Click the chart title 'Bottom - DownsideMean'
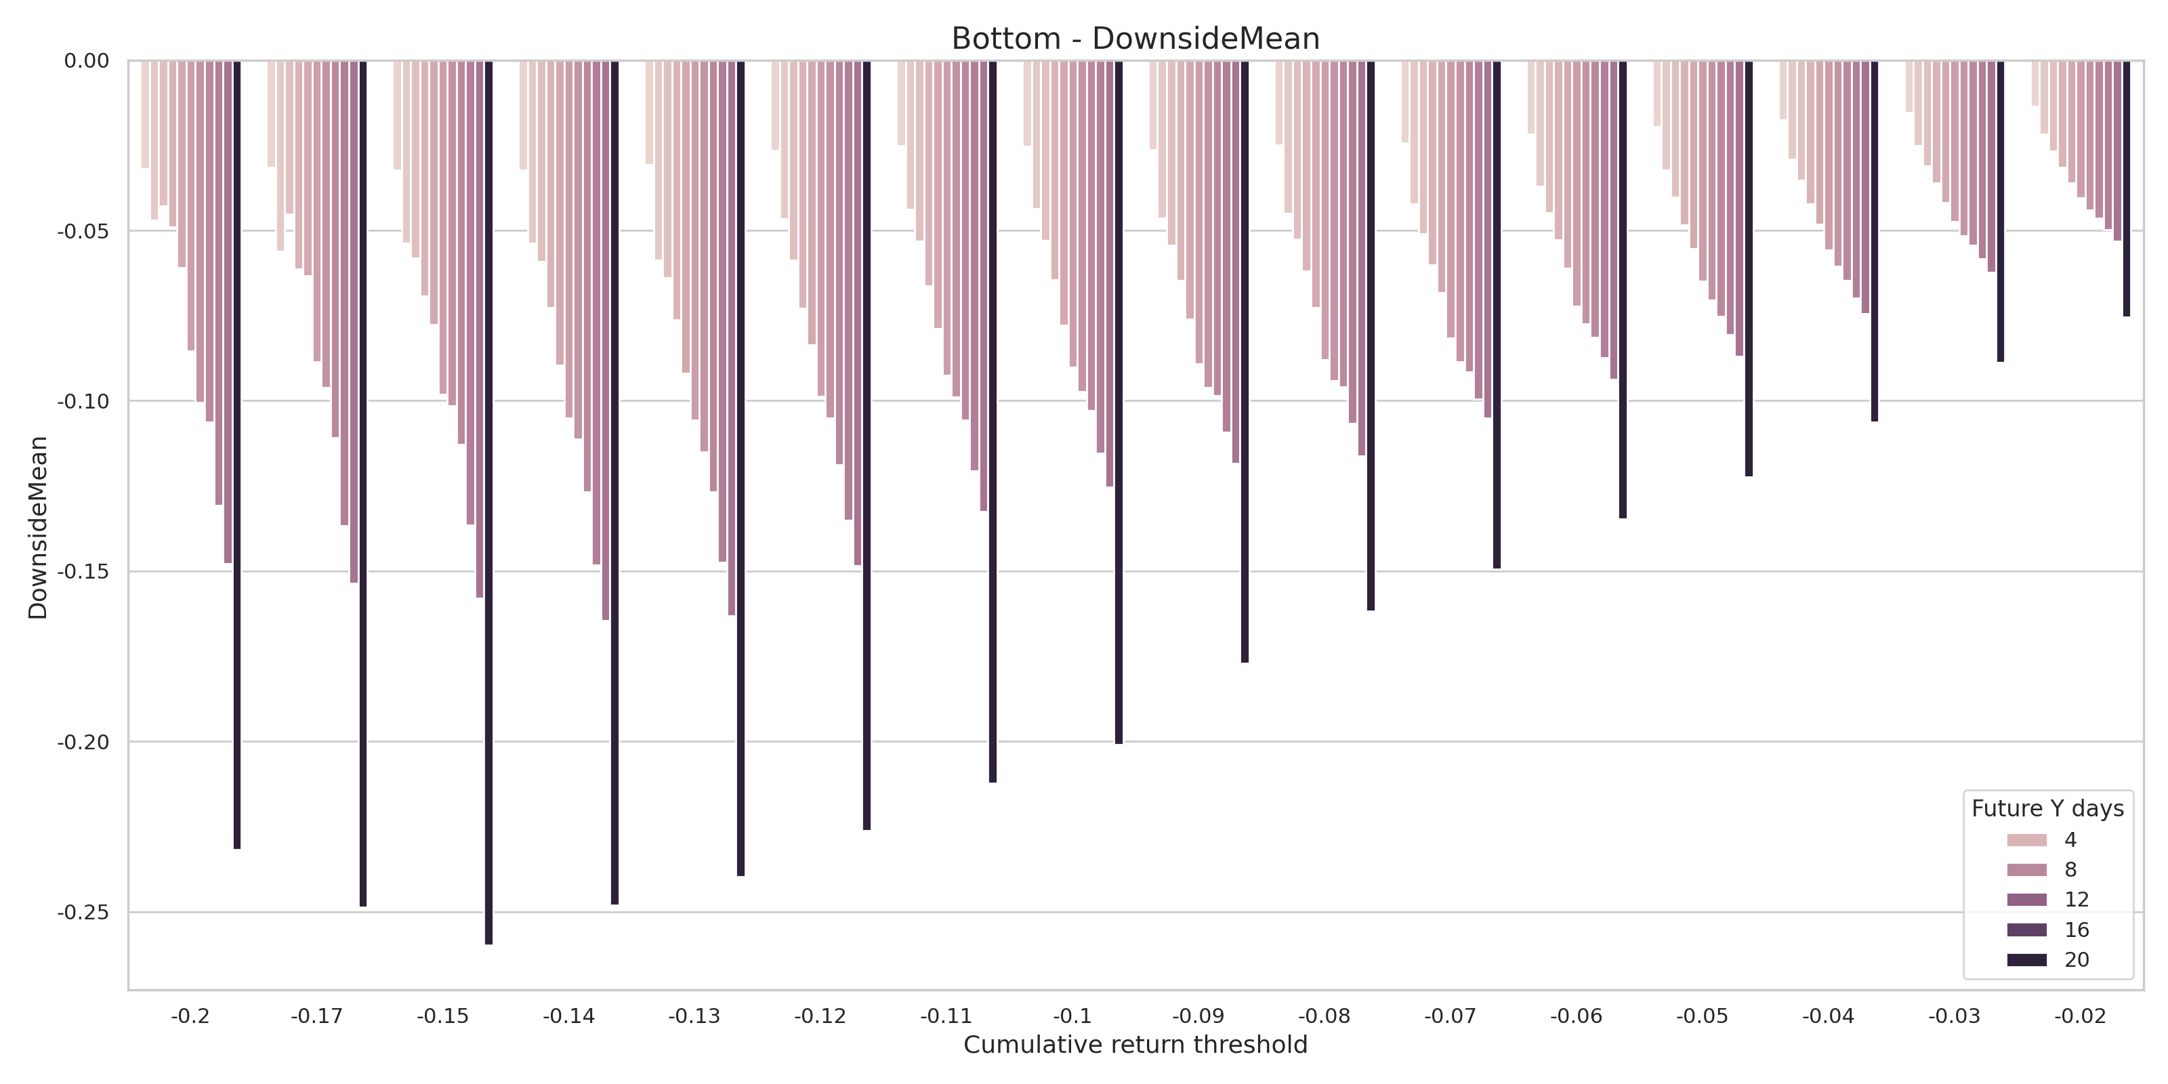point(1135,39)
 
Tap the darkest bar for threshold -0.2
point(237,455)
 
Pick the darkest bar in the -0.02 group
point(2127,188)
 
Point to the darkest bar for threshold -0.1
point(1119,402)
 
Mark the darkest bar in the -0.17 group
point(362,483)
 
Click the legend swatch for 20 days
point(2026,959)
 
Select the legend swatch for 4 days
point(2026,840)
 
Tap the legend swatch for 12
point(2026,900)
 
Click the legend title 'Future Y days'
point(2047,809)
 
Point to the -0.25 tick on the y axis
point(83,913)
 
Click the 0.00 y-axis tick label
point(87,60)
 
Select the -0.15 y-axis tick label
point(83,571)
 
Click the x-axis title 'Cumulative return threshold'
point(1135,1045)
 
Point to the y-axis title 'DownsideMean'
point(39,528)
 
